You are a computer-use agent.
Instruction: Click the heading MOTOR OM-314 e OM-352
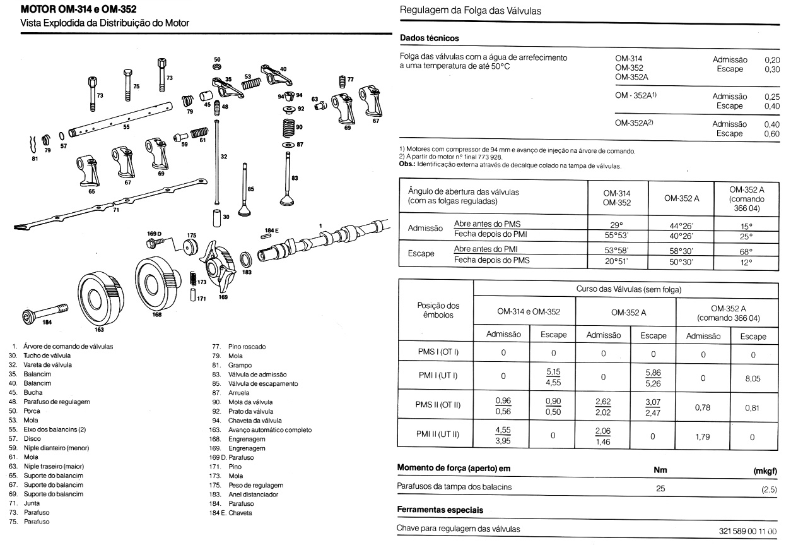tap(78, 10)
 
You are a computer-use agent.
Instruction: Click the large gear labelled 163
tap(100, 297)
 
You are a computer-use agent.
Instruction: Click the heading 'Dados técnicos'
tap(429, 39)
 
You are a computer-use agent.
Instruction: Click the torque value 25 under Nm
tap(660, 487)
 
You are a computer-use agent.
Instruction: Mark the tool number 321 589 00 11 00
tap(746, 529)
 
